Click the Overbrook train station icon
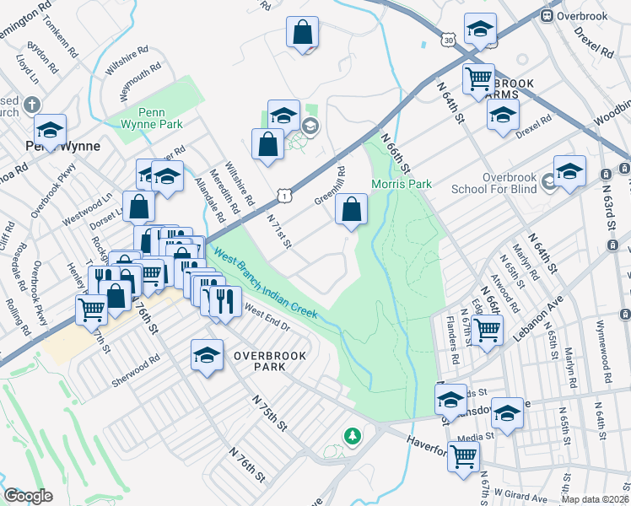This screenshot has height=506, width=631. point(547,15)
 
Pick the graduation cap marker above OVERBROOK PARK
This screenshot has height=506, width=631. point(206,354)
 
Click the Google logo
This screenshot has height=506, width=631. point(28,496)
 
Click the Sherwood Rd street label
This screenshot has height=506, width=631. point(136,372)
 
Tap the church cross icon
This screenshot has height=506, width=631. point(32,105)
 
